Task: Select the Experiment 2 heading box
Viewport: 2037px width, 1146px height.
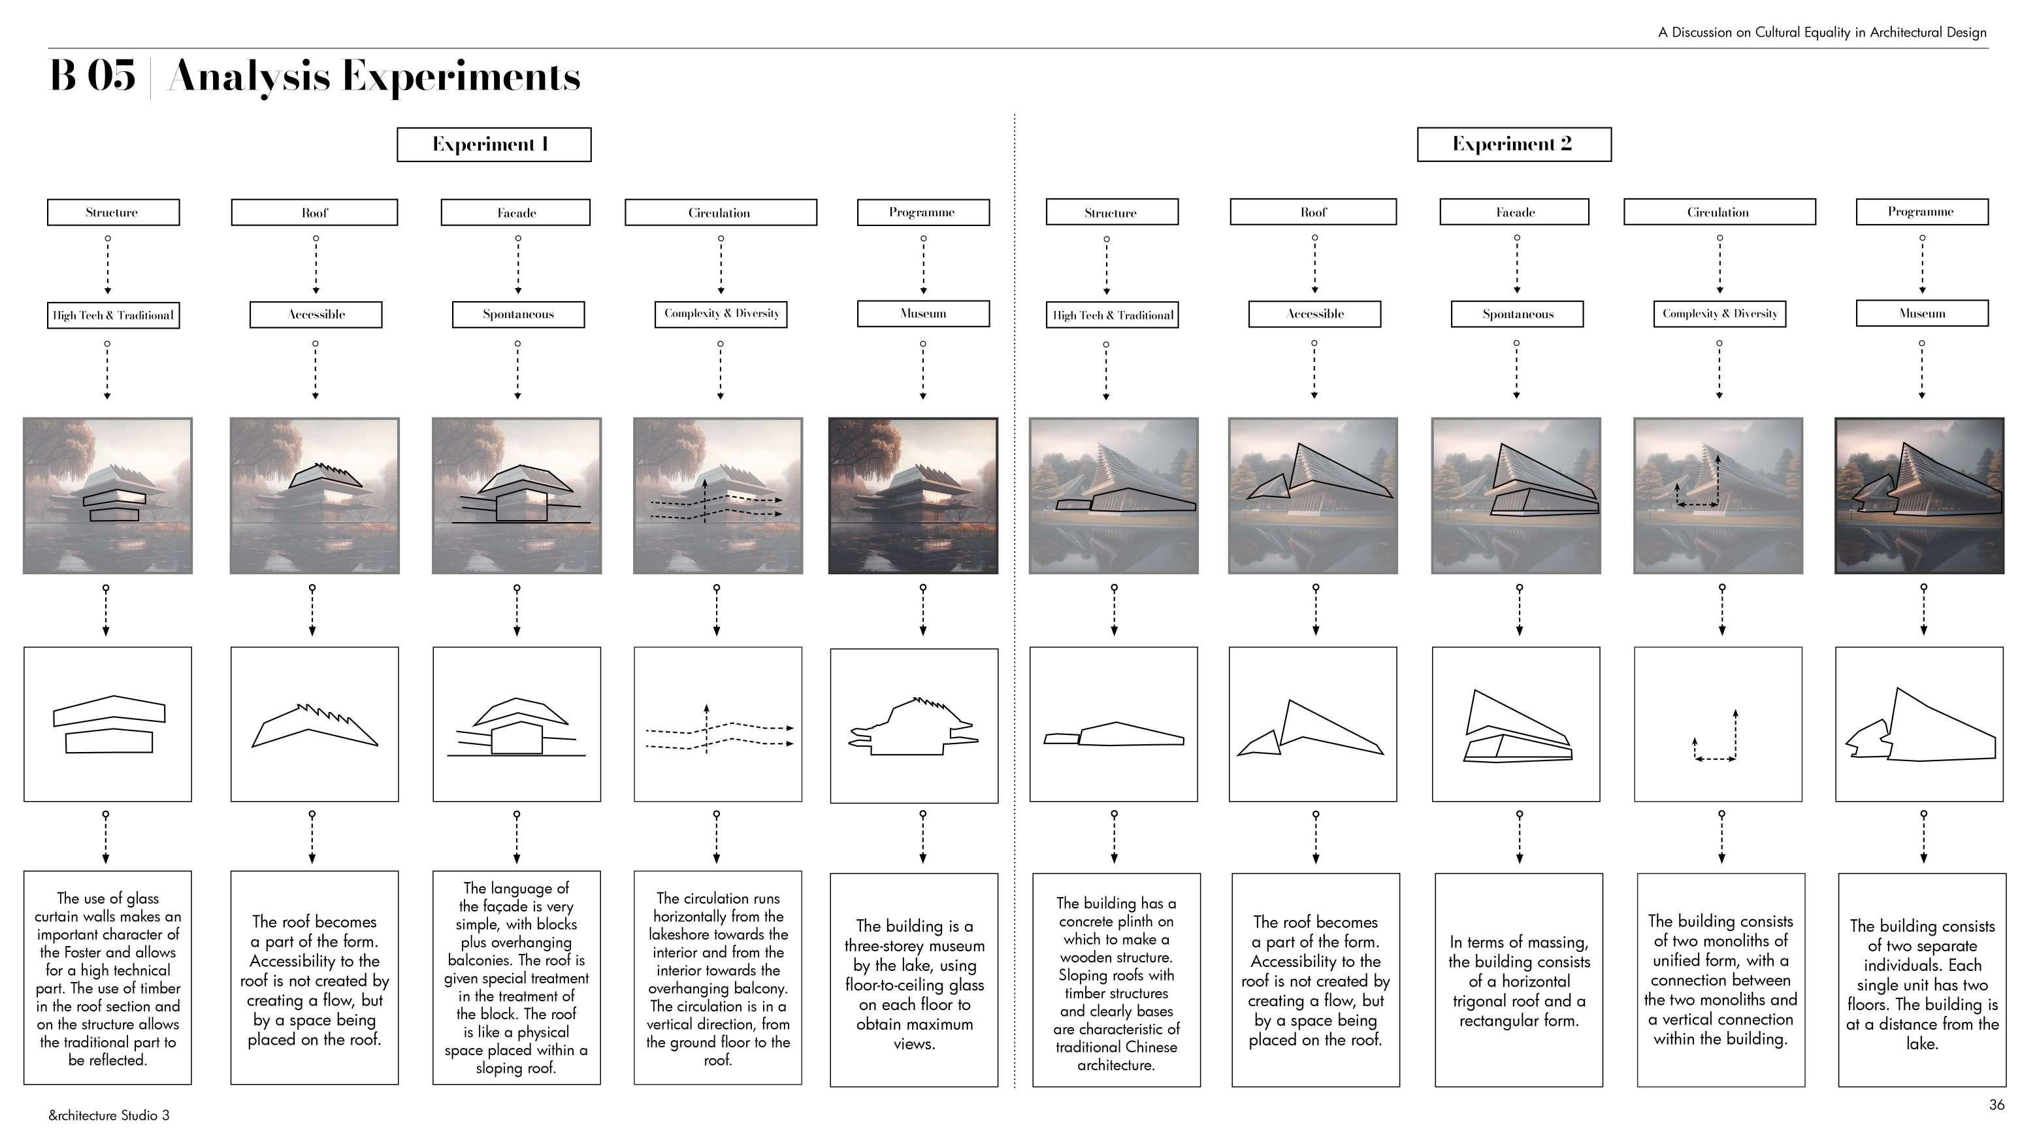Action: [1514, 144]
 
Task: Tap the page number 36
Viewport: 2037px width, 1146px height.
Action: [1996, 1105]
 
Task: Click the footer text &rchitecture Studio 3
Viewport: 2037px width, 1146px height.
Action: [109, 1115]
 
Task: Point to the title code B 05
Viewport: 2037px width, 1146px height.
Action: [93, 76]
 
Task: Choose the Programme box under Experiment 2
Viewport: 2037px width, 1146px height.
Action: [1921, 212]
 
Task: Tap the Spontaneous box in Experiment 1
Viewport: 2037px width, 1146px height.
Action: [518, 315]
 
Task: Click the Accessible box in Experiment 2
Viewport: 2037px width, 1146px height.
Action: [1314, 314]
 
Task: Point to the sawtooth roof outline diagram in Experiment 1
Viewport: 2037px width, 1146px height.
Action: [315, 725]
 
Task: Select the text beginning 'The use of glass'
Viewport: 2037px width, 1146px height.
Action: [108, 978]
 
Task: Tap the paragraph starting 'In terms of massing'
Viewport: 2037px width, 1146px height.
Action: [1518, 981]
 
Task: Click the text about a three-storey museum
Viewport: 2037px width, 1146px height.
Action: [914, 984]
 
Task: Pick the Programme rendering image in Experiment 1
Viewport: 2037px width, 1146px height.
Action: [913, 496]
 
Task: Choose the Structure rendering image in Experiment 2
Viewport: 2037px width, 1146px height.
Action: [1113, 496]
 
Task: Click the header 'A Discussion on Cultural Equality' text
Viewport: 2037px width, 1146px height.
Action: [1822, 33]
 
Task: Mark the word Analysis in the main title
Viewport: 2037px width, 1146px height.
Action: [249, 76]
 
